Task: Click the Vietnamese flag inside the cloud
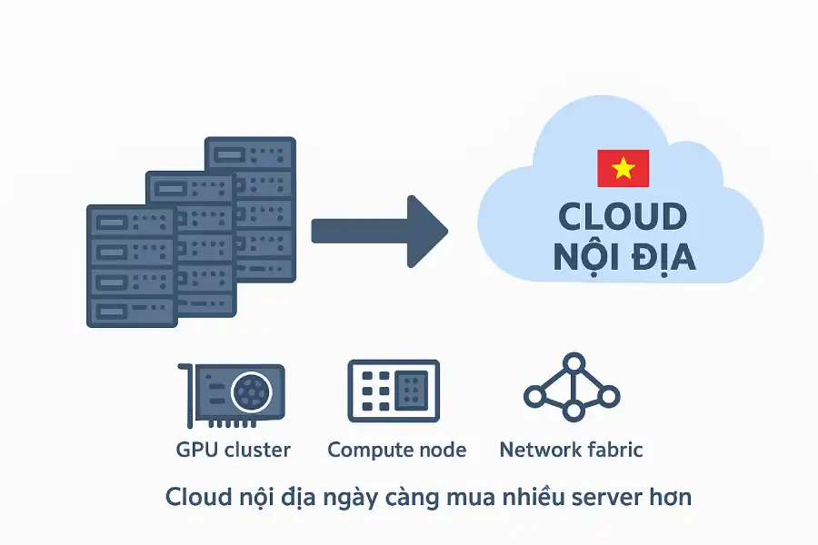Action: click(623, 168)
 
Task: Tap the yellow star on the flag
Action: click(623, 168)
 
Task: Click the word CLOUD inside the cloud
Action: click(622, 217)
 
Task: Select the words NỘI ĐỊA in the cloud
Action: click(624, 257)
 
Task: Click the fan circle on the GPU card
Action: click(252, 392)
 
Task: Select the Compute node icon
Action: click(394, 391)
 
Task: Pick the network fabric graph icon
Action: click(572, 388)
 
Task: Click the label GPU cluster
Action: click(233, 450)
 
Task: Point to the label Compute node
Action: click(396, 450)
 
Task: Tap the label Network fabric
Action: click(571, 450)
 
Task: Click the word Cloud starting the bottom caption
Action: click(195, 497)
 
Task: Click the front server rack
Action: click(131, 265)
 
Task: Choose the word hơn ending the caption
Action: click(672, 497)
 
